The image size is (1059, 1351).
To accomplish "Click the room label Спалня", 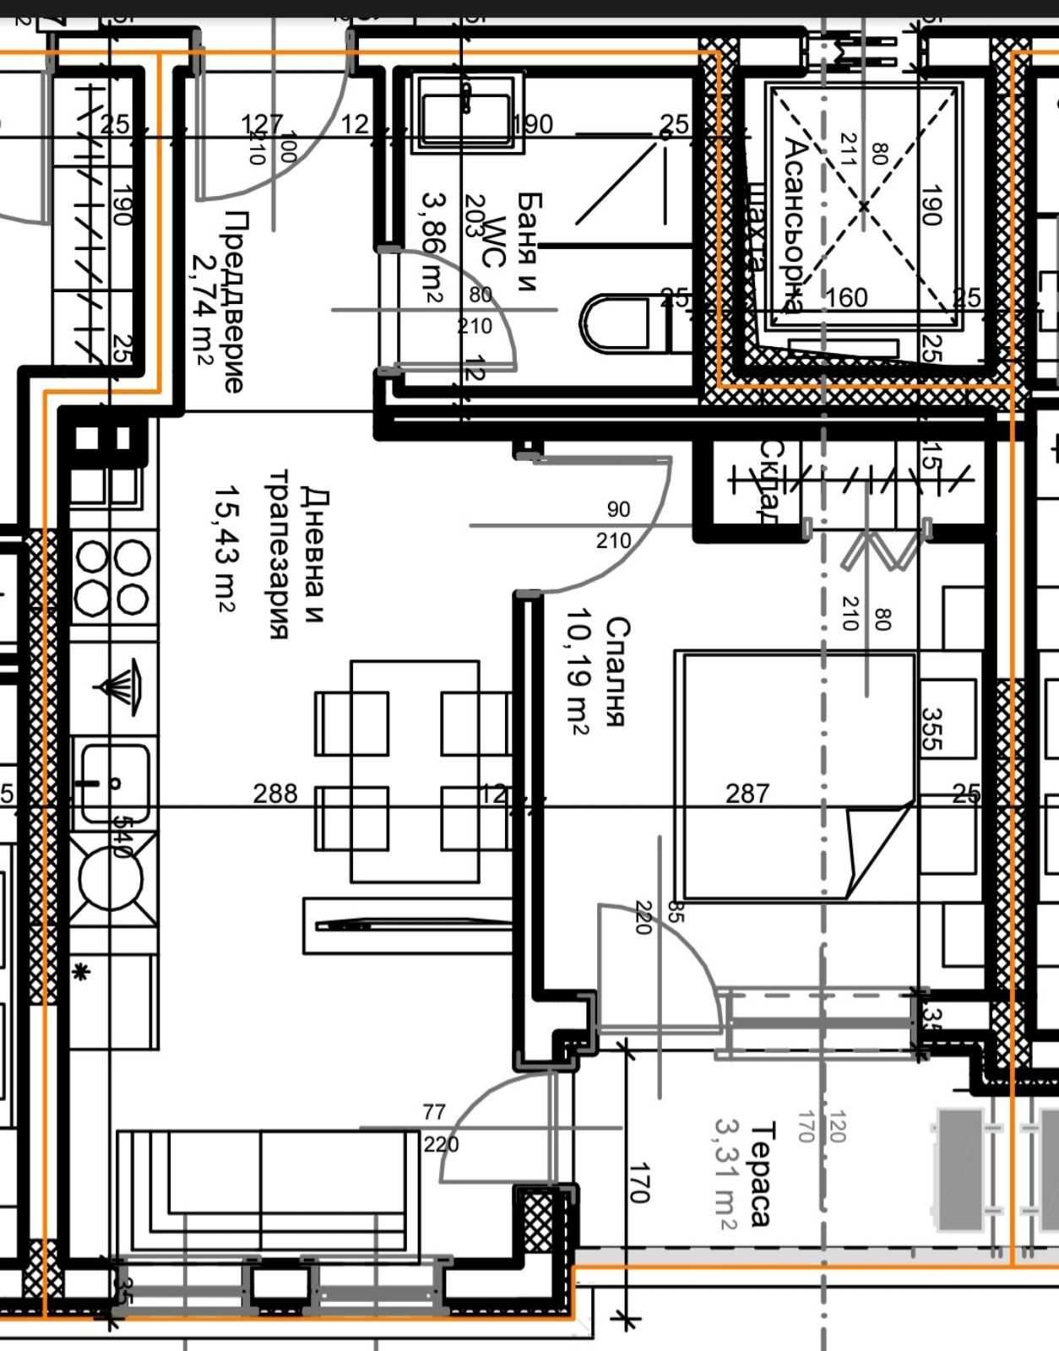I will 617,672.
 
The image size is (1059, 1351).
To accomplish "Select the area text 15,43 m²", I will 225,547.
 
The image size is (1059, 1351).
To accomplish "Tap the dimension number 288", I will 275,794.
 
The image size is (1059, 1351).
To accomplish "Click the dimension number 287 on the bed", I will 747,794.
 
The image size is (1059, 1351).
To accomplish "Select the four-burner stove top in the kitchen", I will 112,578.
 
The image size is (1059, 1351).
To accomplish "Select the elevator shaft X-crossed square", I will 863,205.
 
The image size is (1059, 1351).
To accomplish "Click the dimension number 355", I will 931,730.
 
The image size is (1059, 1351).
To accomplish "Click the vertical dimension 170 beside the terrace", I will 639,1183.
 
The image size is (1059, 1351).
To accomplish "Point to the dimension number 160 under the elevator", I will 846,298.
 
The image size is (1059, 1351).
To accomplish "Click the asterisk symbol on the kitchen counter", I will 81,974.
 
